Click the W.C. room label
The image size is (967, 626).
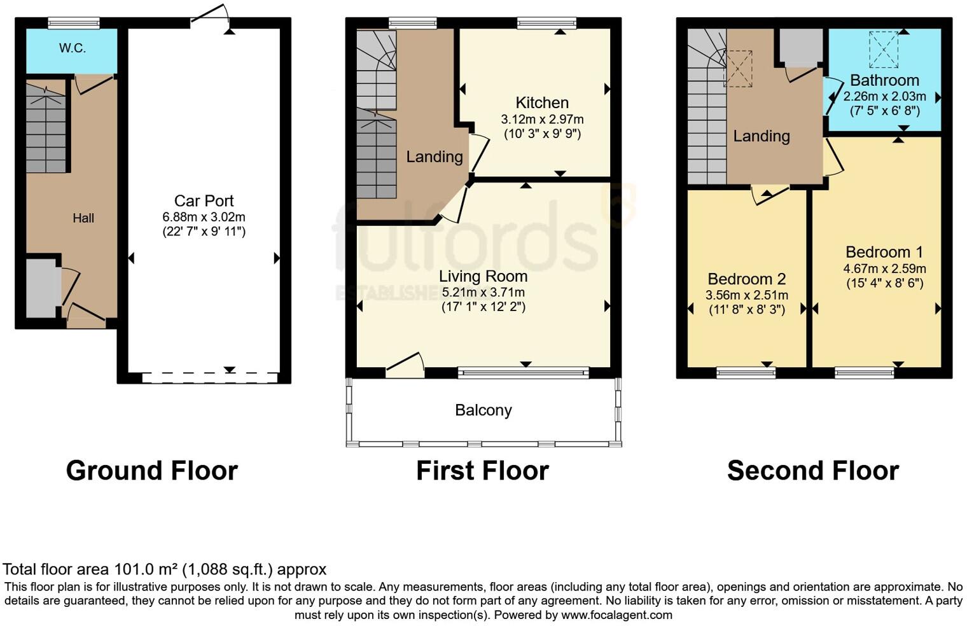(x=72, y=48)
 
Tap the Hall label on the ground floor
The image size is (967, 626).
(x=83, y=218)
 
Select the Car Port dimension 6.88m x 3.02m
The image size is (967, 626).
(x=204, y=217)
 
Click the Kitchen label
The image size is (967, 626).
(x=542, y=102)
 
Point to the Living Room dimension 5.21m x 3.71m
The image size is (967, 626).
(x=483, y=293)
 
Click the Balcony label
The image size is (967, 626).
(x=483, y=410)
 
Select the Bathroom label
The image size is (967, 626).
(x=884, y=81)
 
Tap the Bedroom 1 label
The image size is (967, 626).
(x=884, y=252)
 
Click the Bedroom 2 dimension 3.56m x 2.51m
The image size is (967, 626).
(x=746, y=295)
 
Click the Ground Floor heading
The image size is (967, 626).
(x=151, y=471)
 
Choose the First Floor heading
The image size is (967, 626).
(x=482, y=471)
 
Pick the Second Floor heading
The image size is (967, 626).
(x=812, y=471)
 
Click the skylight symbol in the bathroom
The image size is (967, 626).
(x=884, y=49)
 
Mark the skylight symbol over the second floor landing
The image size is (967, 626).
(x=738, y=69)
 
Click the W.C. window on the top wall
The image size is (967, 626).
(x=74, y=24)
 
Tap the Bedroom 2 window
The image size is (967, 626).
(x=746, y=372)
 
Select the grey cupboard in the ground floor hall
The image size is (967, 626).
(x=42, y=288)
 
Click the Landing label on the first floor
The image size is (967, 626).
(x=435, y=156)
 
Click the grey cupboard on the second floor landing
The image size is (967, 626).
(x=800, y=46)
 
